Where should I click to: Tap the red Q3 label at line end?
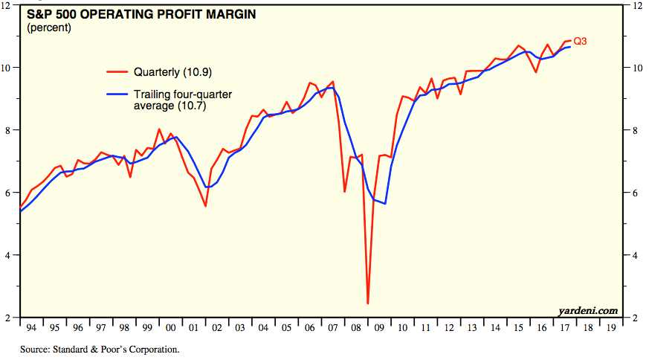[x=580, y=42]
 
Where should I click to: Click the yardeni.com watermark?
[x=587, y=309]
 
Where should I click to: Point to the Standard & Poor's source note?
[x=100, y=348]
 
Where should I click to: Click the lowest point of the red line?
[x=368, y=303]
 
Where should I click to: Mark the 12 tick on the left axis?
[x=7, y=5]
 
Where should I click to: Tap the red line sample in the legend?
[x=117, y=72]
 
